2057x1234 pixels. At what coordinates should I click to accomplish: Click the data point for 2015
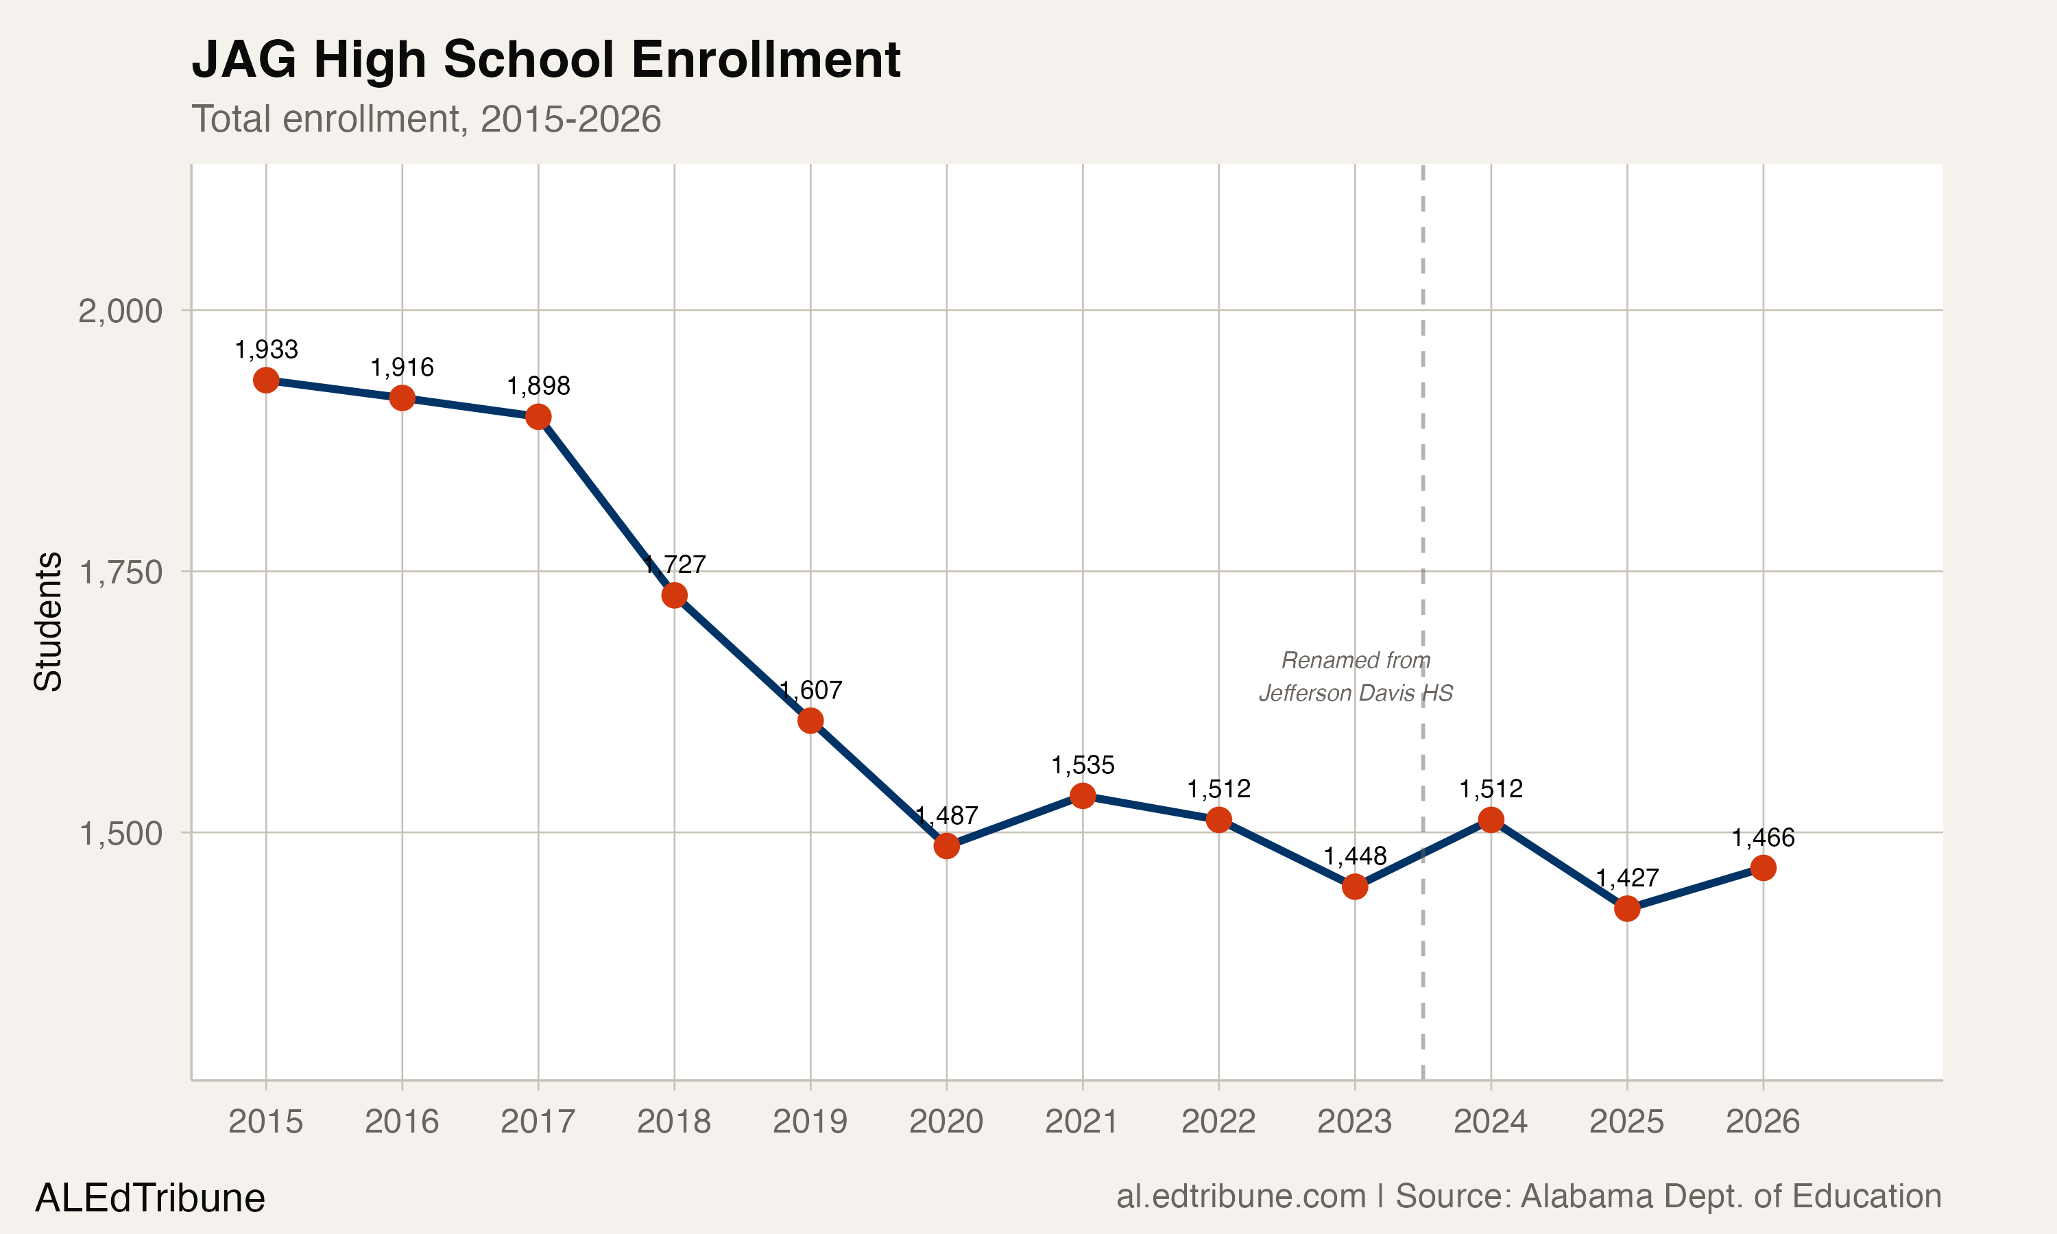point(266,380)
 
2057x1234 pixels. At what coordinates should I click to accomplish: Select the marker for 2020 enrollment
point(946,847)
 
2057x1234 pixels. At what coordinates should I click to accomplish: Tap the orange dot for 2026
point(1763,868)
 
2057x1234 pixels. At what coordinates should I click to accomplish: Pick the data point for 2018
point(674,595)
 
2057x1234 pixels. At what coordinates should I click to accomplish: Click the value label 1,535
point(1083,765)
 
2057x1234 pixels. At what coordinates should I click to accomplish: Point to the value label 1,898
point(538,386)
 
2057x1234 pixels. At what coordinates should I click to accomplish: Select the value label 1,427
point(1627,878)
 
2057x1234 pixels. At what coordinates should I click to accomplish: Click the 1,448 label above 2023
point(1354,856)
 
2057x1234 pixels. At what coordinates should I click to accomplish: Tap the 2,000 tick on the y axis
point(120,311)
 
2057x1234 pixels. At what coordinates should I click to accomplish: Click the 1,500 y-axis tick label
point(120,833)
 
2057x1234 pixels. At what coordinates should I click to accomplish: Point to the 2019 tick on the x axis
point(810,1122)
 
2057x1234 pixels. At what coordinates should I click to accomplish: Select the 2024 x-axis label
point(1490,1122)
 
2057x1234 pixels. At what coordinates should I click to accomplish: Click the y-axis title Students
point(48,621)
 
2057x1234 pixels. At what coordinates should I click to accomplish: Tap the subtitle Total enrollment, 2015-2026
point(426,119)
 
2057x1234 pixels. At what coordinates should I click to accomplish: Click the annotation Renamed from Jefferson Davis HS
point(1356,676)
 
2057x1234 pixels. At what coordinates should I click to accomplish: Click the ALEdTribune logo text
point(149,1198)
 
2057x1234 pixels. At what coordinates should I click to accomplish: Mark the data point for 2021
point(1083,797)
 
